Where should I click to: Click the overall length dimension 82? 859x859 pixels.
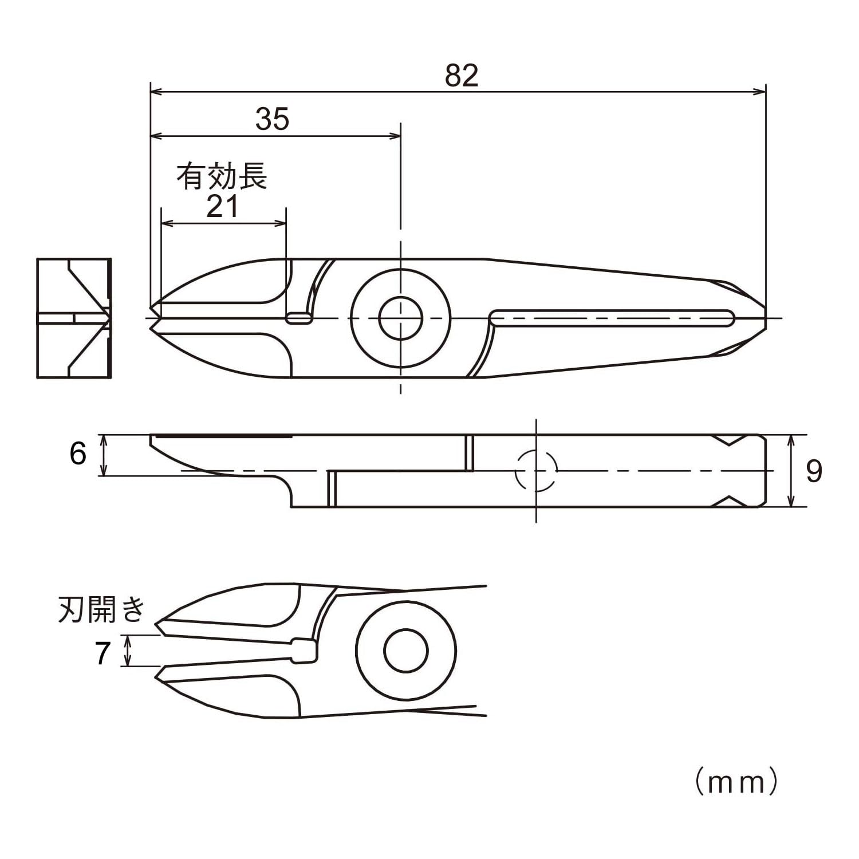(x=462, y=76)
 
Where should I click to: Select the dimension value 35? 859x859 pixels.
(x=273, y=120)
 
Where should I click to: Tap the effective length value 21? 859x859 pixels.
(x=222, y=206)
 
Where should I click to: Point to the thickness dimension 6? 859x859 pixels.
(x=78, y=454)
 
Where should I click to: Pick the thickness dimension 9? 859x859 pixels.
(x=814, y=471)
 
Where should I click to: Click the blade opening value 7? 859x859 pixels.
(x=103, y=653)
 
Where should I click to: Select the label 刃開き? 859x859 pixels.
(x=102, y=609)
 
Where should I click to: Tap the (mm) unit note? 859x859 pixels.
(x=737, y=782)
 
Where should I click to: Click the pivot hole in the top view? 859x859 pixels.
(x=400, y=317)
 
